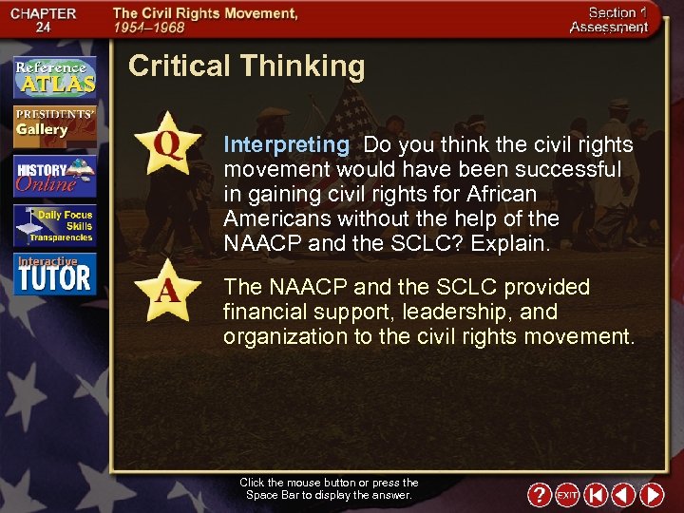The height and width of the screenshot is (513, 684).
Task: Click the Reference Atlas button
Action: click(x=54, y=78)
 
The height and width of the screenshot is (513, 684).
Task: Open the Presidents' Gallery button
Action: click(x=54, y=124)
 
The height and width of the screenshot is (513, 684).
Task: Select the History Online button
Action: click(x=54, y=176)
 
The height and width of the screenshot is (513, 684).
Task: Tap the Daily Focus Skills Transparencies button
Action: click(x=54, y=226)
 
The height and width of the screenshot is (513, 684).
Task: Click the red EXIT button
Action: click(x=567, y=495)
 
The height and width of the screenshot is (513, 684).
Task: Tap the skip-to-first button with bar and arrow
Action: click(x=596, y=495)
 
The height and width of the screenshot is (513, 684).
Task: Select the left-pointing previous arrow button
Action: click(x=623, y=495)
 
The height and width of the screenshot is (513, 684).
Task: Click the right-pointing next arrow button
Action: click(x=652, y=495)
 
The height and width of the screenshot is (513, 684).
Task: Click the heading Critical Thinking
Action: click(x=246, y=66)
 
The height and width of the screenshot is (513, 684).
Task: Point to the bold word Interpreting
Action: click(x=286, y=145)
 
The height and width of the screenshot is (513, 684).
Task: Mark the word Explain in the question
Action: click(x=512, y=243)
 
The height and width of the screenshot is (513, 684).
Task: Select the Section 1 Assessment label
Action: click(x=608, y=20)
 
